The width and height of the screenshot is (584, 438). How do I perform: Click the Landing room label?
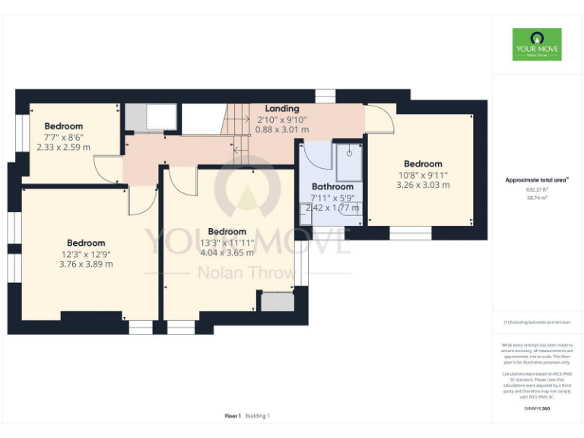282,109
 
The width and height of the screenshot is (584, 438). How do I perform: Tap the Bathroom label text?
332,187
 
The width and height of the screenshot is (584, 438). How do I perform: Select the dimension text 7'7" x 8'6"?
64,137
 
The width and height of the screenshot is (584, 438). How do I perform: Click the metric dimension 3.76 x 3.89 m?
86,265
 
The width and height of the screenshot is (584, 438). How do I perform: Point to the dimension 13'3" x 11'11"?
227,243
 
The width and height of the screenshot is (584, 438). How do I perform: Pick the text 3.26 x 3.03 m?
423,185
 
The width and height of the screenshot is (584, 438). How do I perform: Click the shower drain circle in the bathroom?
349,153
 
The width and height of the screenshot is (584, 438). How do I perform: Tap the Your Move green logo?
537,45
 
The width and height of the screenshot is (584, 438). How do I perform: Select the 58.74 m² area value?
537,198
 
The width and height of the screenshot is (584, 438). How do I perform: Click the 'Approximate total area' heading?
537,180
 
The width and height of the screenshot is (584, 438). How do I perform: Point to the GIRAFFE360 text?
537,409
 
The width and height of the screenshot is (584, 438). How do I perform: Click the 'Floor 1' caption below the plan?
233,416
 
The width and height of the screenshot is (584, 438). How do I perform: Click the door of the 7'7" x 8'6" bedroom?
108,169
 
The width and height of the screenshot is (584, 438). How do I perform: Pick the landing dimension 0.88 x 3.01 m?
282,129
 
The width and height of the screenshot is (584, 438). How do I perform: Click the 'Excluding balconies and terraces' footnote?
537,322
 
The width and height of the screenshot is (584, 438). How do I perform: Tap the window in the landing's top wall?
325,95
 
